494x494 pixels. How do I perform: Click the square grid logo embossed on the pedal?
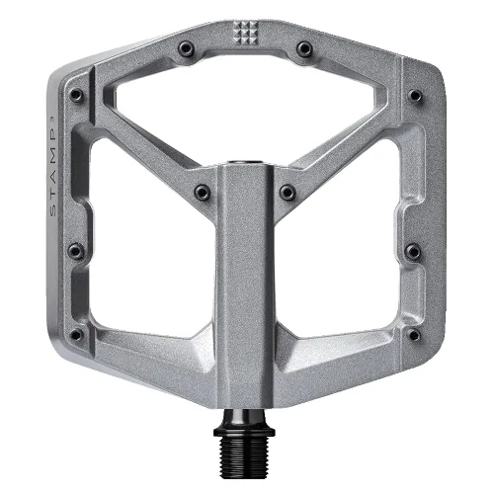(245, 33)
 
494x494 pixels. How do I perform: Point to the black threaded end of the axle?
(244, 454)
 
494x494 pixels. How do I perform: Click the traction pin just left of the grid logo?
(186, 48)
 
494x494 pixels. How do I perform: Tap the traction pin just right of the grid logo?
(304, 49)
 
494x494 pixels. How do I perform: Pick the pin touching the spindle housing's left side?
(202, 193)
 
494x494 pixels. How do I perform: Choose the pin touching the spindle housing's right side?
(288, 193)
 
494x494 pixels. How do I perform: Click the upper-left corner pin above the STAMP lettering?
(76, 95)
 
